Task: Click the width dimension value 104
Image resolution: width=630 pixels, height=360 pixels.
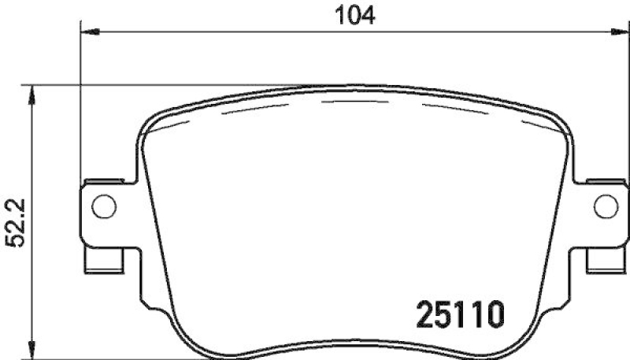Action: point(351,13)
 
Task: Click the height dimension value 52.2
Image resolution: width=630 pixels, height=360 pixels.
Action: point(13,223)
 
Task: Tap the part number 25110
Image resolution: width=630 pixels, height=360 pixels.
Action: point(455,316)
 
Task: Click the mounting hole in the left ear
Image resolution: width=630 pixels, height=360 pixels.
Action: point(103,206)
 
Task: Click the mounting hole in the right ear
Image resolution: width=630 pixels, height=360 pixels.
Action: point(604,206)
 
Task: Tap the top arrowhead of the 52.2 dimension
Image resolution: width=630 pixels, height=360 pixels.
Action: point(31,93)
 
